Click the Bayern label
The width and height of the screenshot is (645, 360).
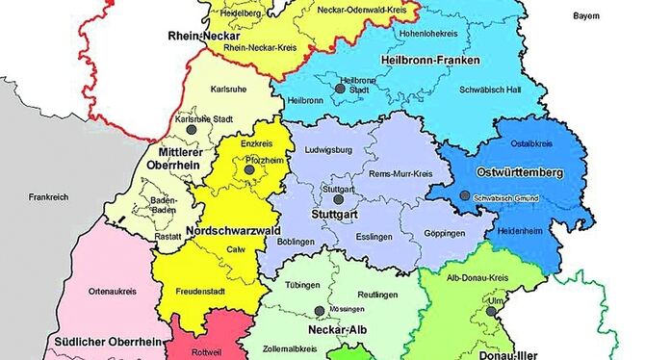tap(585, 16)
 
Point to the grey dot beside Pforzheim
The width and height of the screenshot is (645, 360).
tap(249, 170)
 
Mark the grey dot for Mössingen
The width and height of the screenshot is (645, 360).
tap(319, 310)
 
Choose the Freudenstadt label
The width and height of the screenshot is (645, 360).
tap(201, 291)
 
